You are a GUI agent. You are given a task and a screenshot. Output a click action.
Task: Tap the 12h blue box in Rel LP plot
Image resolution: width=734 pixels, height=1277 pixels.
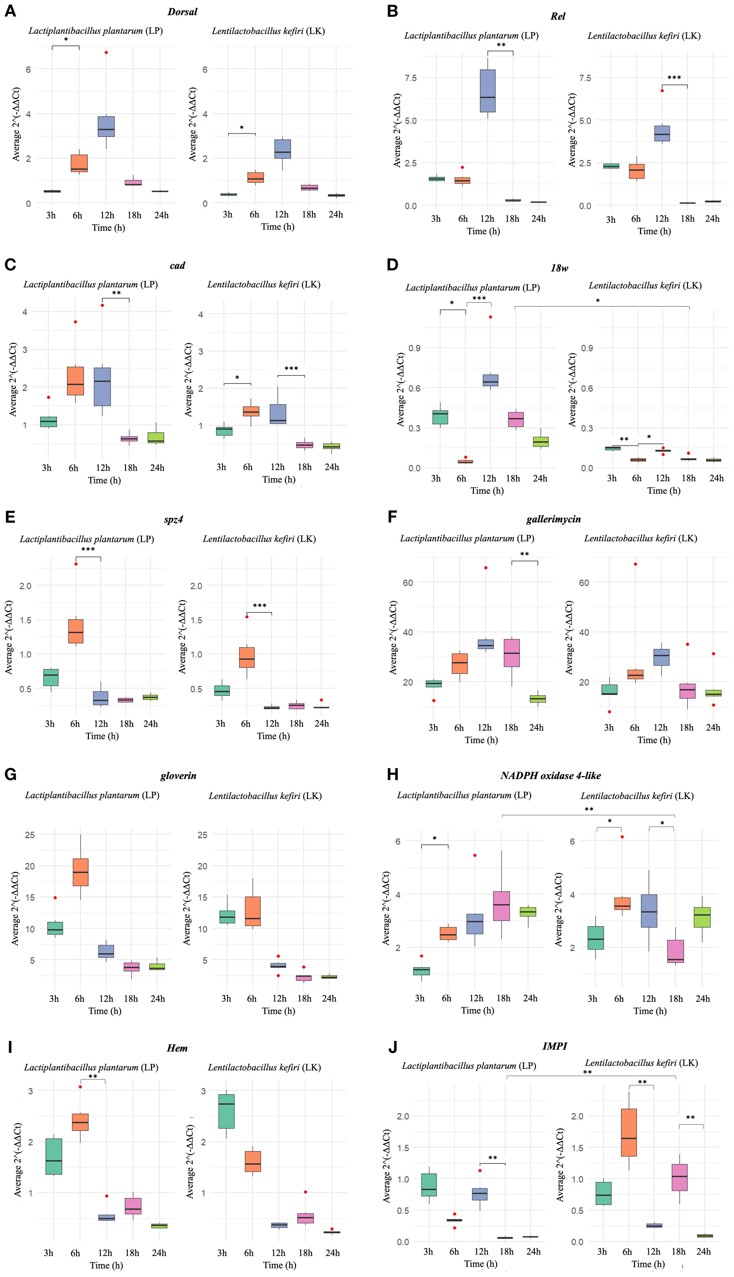[x=487, y=91]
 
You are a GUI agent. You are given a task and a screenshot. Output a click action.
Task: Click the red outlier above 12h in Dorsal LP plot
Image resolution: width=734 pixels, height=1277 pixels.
[x=106, y=52]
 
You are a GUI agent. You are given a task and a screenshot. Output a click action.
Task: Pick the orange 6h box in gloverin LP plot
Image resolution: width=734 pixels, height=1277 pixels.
[x=81, y=872]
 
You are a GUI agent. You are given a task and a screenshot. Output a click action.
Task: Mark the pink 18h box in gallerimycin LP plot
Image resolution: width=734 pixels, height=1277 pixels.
[x=512, y=653]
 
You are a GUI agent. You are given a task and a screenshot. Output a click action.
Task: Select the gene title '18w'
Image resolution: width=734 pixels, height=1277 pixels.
[x=559, y=268]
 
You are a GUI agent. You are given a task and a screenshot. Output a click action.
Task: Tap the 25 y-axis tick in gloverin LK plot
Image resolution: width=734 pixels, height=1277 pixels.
[x=202, y=835]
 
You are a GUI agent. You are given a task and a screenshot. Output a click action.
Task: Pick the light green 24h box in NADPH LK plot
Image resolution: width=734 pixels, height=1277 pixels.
[x=702, y=917]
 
